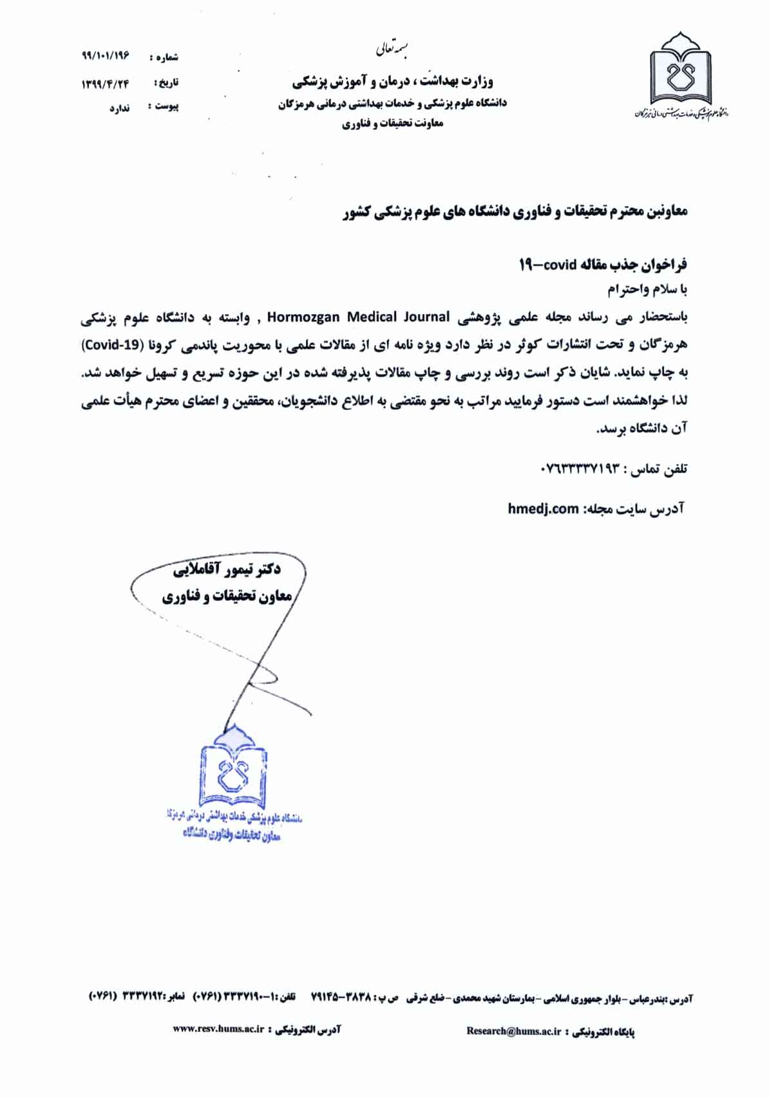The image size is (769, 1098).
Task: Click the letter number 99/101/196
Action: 106,55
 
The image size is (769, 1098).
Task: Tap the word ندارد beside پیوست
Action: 119,108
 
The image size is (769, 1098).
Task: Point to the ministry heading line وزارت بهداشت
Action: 392,81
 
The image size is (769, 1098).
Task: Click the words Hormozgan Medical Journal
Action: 358,317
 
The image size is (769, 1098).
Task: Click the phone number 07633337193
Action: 582,469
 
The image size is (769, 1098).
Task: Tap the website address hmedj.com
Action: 543,508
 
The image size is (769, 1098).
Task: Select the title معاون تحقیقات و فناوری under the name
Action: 227,597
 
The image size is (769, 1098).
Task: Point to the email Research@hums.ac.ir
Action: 513,1030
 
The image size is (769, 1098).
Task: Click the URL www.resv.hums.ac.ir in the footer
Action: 219,1029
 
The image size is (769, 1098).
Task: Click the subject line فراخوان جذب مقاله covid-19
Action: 603,265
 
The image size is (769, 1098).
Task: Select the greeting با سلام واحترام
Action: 647,290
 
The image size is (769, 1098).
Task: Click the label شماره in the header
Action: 165,58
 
